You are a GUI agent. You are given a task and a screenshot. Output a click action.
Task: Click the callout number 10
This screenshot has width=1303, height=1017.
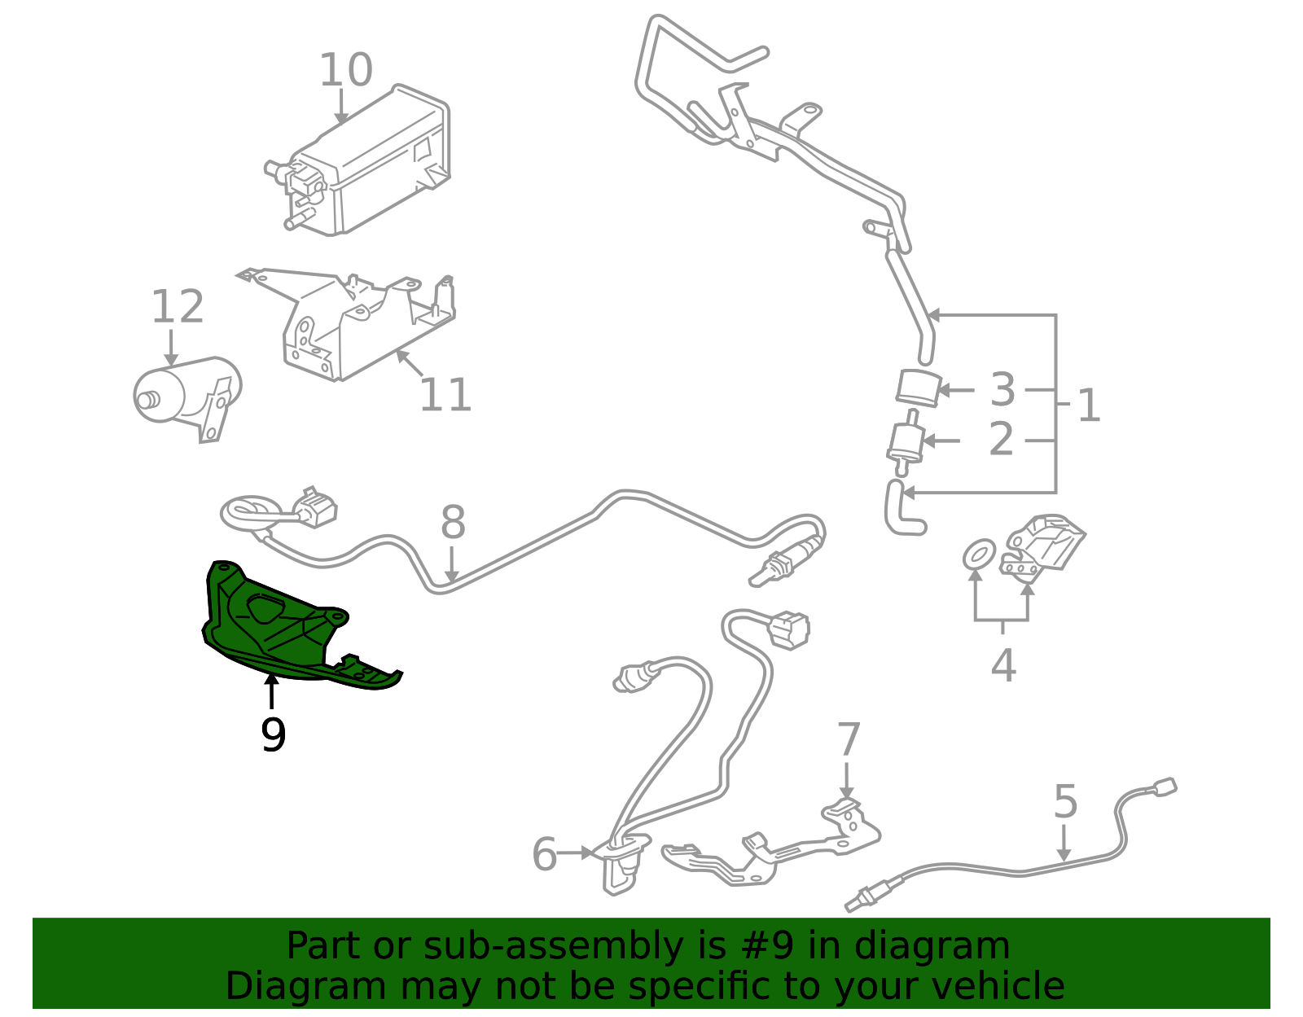pyautogui.click(x=345, y=70)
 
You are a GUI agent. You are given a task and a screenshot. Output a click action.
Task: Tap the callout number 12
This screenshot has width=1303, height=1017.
pyautogui.click(x=177, y=307)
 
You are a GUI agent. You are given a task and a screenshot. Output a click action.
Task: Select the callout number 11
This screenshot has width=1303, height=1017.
pyautogui.click(x=445, y=396)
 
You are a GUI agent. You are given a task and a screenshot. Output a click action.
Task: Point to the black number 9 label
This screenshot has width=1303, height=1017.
pyautogui.click(x=273, y=735)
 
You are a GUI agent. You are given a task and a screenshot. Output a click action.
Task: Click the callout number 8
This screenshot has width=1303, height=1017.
pyautogui.click(x=453, y=523)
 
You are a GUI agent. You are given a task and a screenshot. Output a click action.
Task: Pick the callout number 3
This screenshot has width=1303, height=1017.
pyautogui.click(x=1002, y=390)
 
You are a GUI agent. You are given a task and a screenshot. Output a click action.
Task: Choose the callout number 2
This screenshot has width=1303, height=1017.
pyautogui.click(x=1001, y=440)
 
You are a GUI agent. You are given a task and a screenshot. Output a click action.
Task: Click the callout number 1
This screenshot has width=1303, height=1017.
pyautogui.click(x=1088, y=405)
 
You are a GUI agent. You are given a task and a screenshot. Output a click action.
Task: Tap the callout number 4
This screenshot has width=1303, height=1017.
pyautogui.click(x=1003, y=665)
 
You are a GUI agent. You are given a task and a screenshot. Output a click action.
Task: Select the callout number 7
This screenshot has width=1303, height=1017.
pyautogui.click(x=849, y=739)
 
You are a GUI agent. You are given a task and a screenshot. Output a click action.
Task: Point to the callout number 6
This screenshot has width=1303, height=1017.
pyautogui.click(x=544, y=854)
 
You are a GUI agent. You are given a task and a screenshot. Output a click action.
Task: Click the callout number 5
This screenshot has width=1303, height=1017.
pyautogui.click(x=1065, y=802)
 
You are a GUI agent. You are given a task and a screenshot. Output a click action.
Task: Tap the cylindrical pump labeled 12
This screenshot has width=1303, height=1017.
pyautogui.click(x=183, y=395)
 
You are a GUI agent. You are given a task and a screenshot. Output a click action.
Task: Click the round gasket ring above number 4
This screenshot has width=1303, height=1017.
pyautogui.click(x=978, y=555)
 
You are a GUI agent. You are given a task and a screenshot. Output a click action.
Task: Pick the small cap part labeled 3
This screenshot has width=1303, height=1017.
pyautogui.click(x=919, y=388)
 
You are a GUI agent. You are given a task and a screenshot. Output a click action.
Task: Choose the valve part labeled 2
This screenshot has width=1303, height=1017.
pyautogui.click(x=904, y=444)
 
